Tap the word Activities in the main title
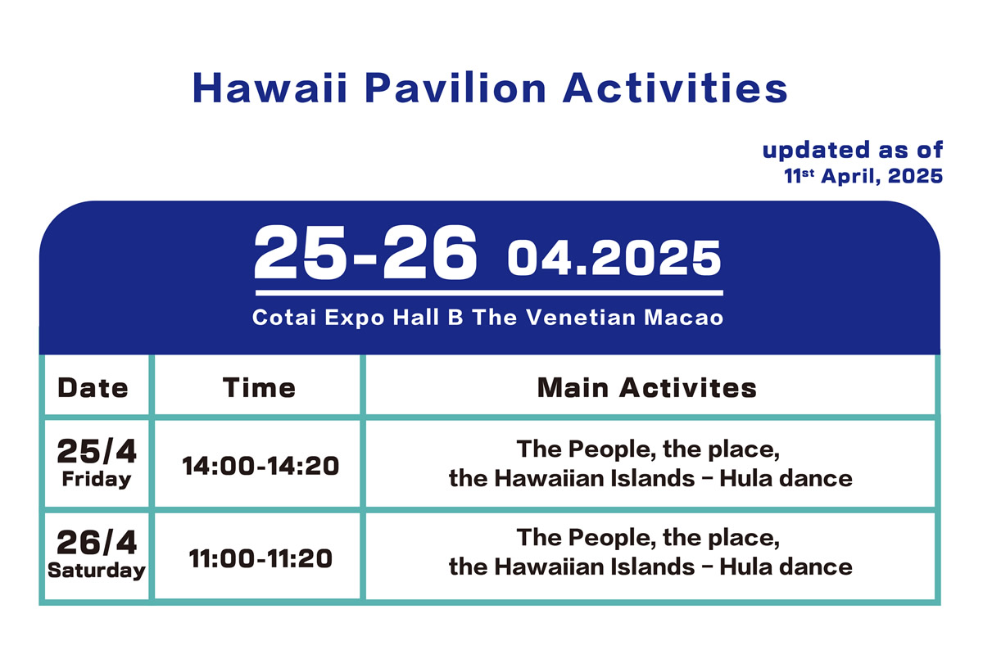click(x=675, y=88)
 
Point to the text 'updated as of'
click(x=853, y=151)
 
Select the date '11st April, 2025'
click(x=863, y=176)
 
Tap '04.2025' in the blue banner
click(x=614, y=259)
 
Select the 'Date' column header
click(x=93, y=387)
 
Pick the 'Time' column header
click(x=259, y=387)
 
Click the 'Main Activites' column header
click(x=647, y=387)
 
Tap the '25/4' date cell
click(x=96, y=451)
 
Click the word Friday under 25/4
click(x=96, y=480)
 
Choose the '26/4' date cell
click(x=96, y=542)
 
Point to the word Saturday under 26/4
click(x=96, y=570)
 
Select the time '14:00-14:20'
click(x=260, y=466)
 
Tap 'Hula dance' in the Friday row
click(x=786, y=478)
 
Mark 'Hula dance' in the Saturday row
click(x=786, y=566)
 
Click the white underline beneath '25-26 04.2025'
click(x=489, y=292)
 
